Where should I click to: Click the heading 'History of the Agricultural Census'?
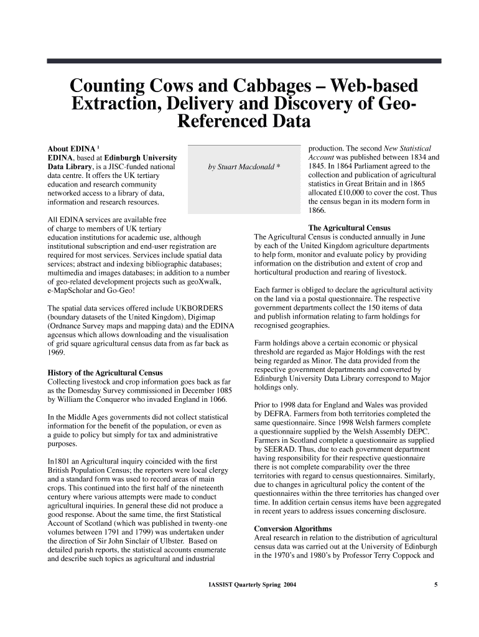point(106,373)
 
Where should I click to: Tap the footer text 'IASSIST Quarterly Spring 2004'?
point(248,584)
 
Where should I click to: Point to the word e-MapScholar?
point(74,291)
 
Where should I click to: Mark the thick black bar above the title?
point(244,61)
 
